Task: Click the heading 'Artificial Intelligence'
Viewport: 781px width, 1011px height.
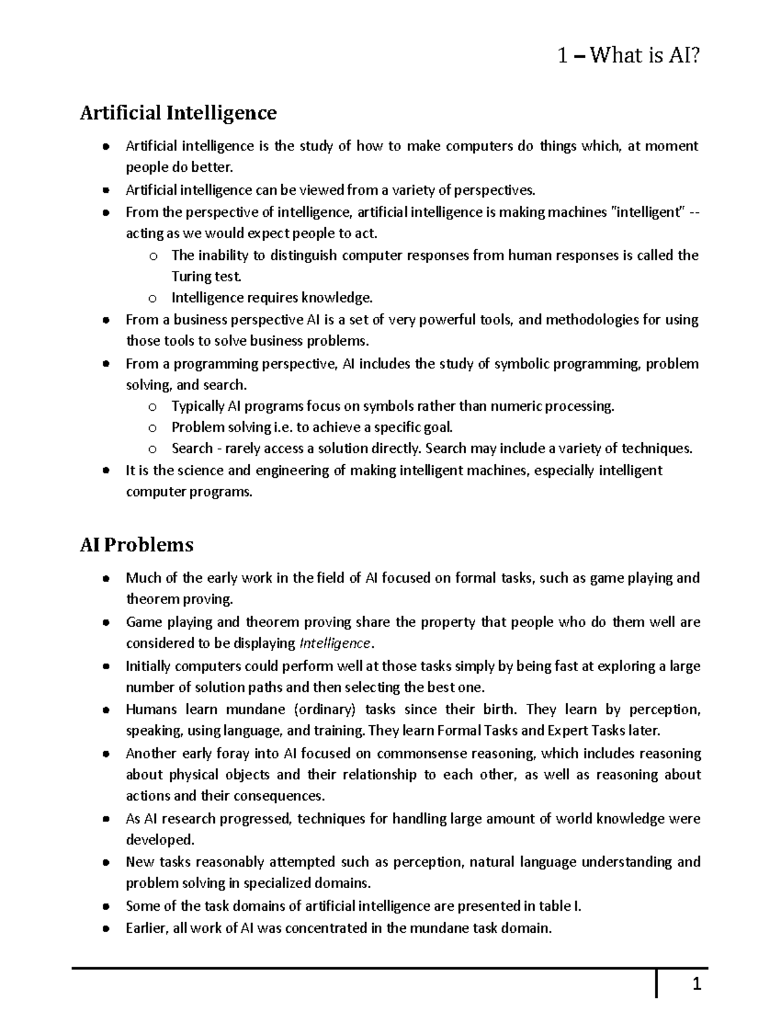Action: tap(178, 113)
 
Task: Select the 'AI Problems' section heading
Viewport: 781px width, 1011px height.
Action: tap(137, 544)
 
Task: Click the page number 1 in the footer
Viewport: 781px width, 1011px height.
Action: tap(696, 985)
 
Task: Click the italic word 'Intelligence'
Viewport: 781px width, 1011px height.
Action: tap(334, 644)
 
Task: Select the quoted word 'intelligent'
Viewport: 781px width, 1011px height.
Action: tap(647, 212)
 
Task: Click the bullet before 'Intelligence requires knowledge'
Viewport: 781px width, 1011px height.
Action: tap(152, 299)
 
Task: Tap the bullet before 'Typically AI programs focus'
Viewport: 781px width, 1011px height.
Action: tap(152, 408)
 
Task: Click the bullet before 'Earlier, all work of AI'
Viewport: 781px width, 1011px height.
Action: tap(105, 930)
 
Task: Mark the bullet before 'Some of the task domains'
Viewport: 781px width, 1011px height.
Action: tap(105, 907)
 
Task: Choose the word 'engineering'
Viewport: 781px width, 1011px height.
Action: tap(293, 471)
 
